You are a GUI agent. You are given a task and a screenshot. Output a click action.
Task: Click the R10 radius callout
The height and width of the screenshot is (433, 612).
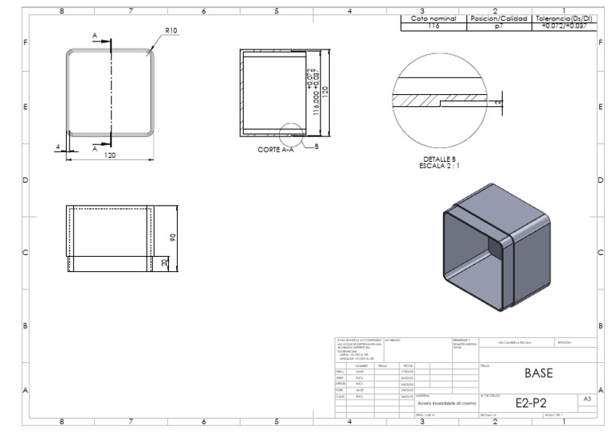pos(171,30)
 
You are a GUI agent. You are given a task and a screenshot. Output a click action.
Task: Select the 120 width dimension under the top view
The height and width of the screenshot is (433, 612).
pos(109,155)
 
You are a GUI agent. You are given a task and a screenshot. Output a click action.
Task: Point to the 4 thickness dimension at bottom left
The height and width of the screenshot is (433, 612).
pos(58,145)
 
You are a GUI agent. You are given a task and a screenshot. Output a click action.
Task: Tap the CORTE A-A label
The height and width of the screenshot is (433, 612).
pos(276,149)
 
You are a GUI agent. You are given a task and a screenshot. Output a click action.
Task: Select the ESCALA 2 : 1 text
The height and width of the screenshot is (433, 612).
pos(440,166)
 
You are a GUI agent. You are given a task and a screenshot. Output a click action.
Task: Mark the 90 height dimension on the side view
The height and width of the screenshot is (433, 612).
pos(172,238)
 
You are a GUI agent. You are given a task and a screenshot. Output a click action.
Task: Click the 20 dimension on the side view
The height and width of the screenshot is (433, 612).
pos(163,262)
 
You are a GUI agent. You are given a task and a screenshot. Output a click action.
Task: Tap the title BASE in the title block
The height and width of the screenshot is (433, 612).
pos(537,372)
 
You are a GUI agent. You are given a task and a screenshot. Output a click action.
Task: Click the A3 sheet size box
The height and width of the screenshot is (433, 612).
pos(587,397)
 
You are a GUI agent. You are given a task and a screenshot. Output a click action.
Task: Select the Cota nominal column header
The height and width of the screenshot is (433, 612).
pos(434,18)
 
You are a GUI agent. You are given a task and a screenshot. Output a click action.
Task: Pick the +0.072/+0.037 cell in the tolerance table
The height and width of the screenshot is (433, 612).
pos(564,26)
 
